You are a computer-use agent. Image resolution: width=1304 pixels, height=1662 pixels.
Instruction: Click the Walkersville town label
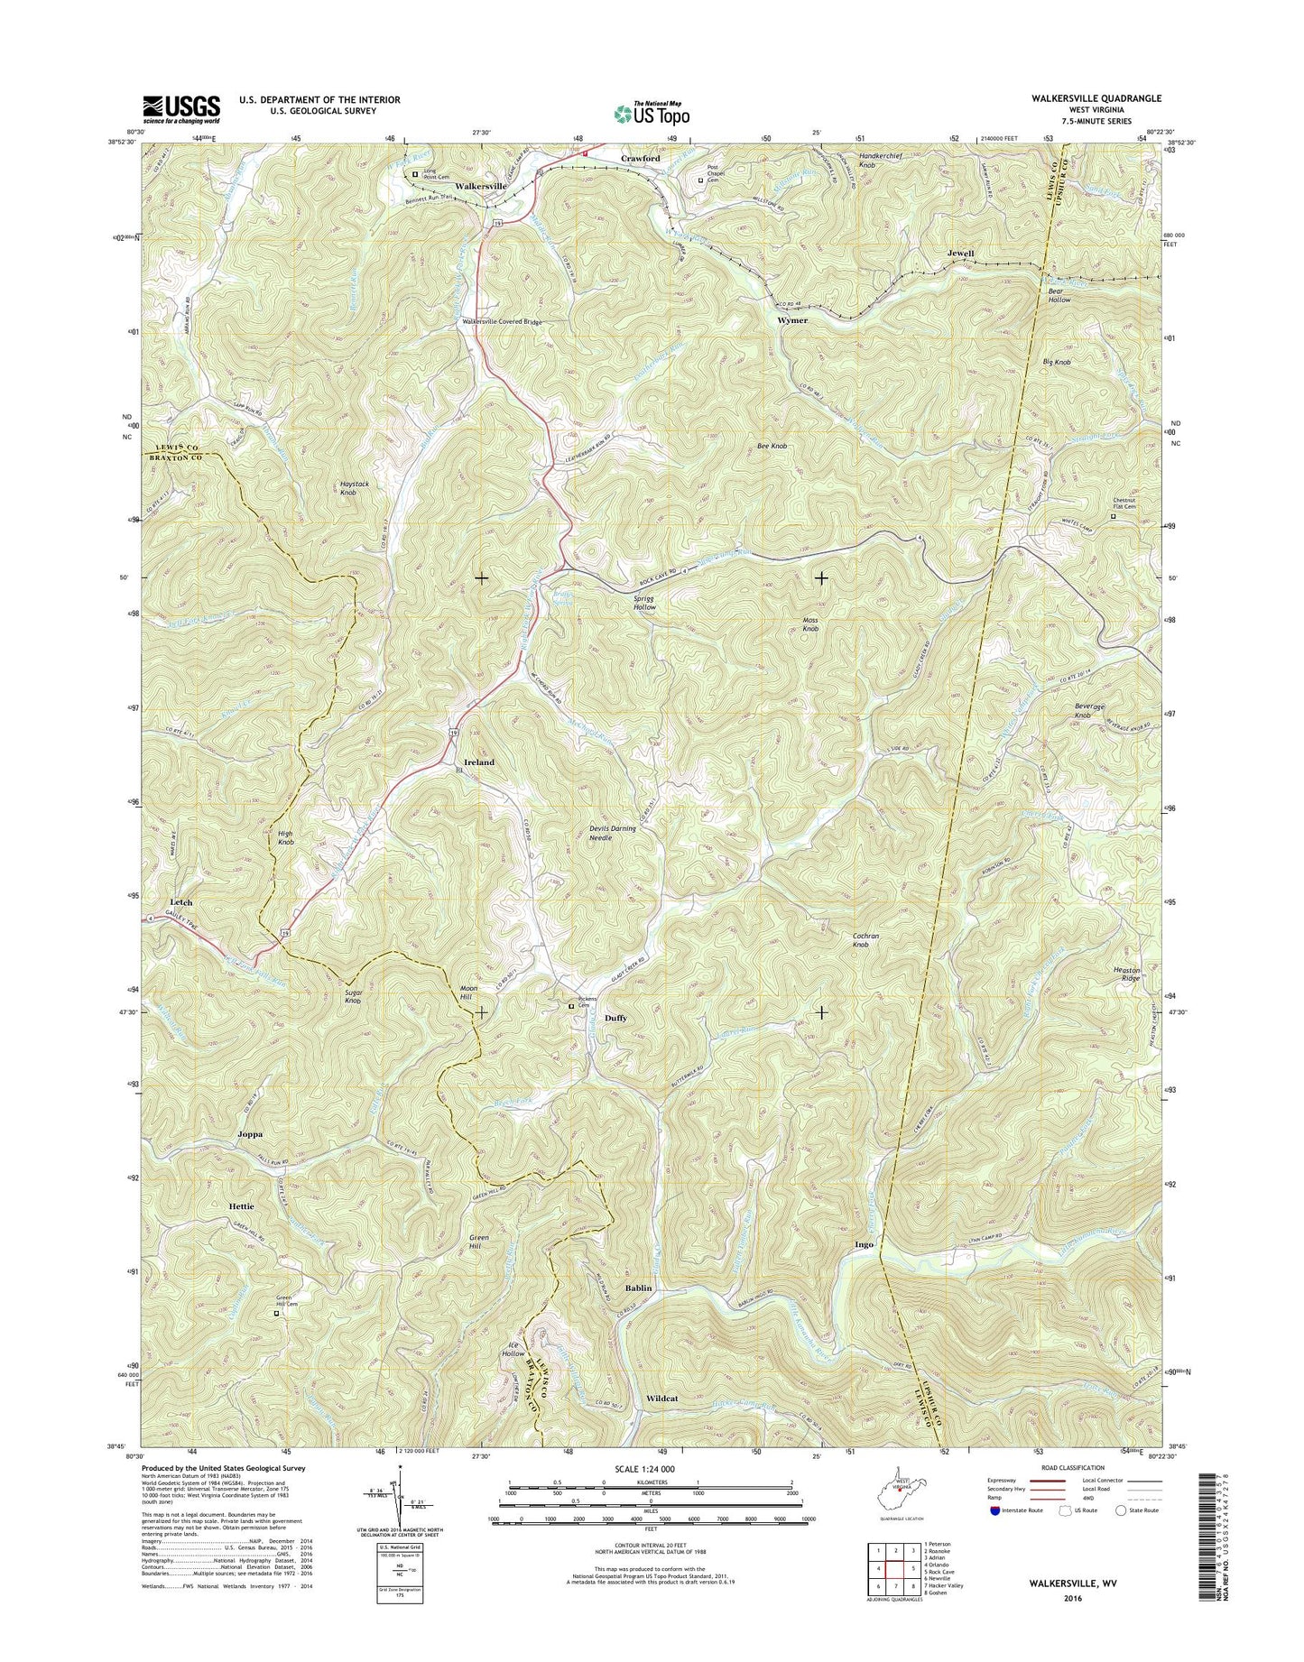[x=481, y=186]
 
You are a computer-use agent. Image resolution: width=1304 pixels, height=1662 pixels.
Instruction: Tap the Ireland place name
[x=479, y=762]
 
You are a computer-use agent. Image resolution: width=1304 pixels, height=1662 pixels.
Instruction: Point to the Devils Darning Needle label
[x=613, y=833]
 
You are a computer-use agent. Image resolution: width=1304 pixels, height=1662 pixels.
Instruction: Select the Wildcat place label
[x=662, y=1398]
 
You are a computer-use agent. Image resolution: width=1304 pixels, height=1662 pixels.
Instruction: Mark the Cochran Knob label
[x=865, y=940]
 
